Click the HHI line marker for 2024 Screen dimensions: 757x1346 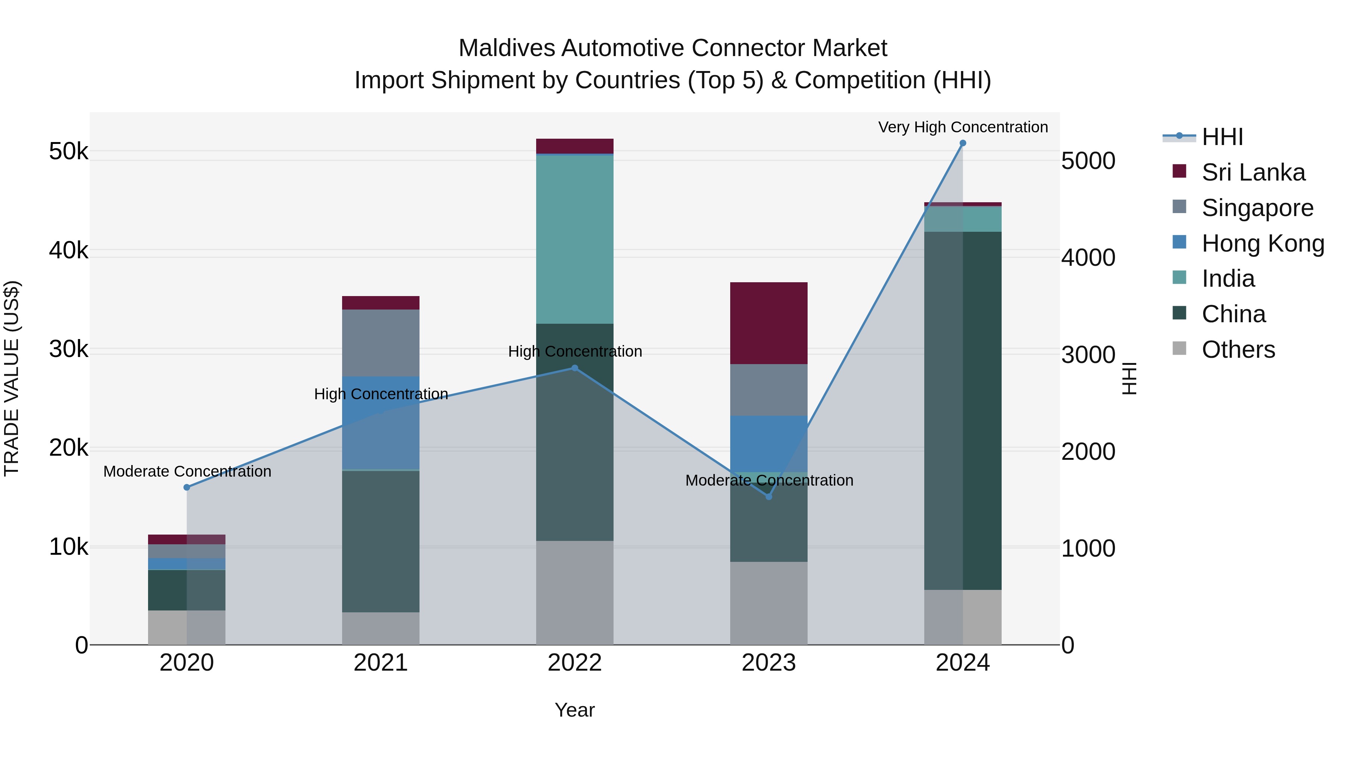[x=962, y=143]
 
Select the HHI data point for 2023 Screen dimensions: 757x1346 [x=769, y=496]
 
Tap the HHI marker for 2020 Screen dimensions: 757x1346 [x=187, y=487]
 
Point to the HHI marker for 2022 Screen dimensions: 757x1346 [x=575, y=368]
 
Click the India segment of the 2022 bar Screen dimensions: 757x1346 [x=575, y=239]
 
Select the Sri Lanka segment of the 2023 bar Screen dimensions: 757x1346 [x=769, y=323]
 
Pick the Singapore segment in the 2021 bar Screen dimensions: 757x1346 [x=380, y=343]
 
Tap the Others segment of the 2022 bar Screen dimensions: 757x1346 [x=575, y=593]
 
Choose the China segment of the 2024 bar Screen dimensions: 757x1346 [x=962, y=410]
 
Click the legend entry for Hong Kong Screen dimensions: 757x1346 [x=1262, y=243]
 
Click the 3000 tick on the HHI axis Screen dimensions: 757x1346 [x=1088, y=355]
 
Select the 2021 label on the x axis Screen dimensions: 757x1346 [x=380, y=662]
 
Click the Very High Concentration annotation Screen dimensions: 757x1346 [x=962, y=127]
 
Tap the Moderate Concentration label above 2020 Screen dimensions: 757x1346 [x=187, y=471]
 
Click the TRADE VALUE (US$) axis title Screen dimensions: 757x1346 [x=12, y=378]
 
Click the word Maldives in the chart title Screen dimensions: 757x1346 [x=506, y=48]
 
